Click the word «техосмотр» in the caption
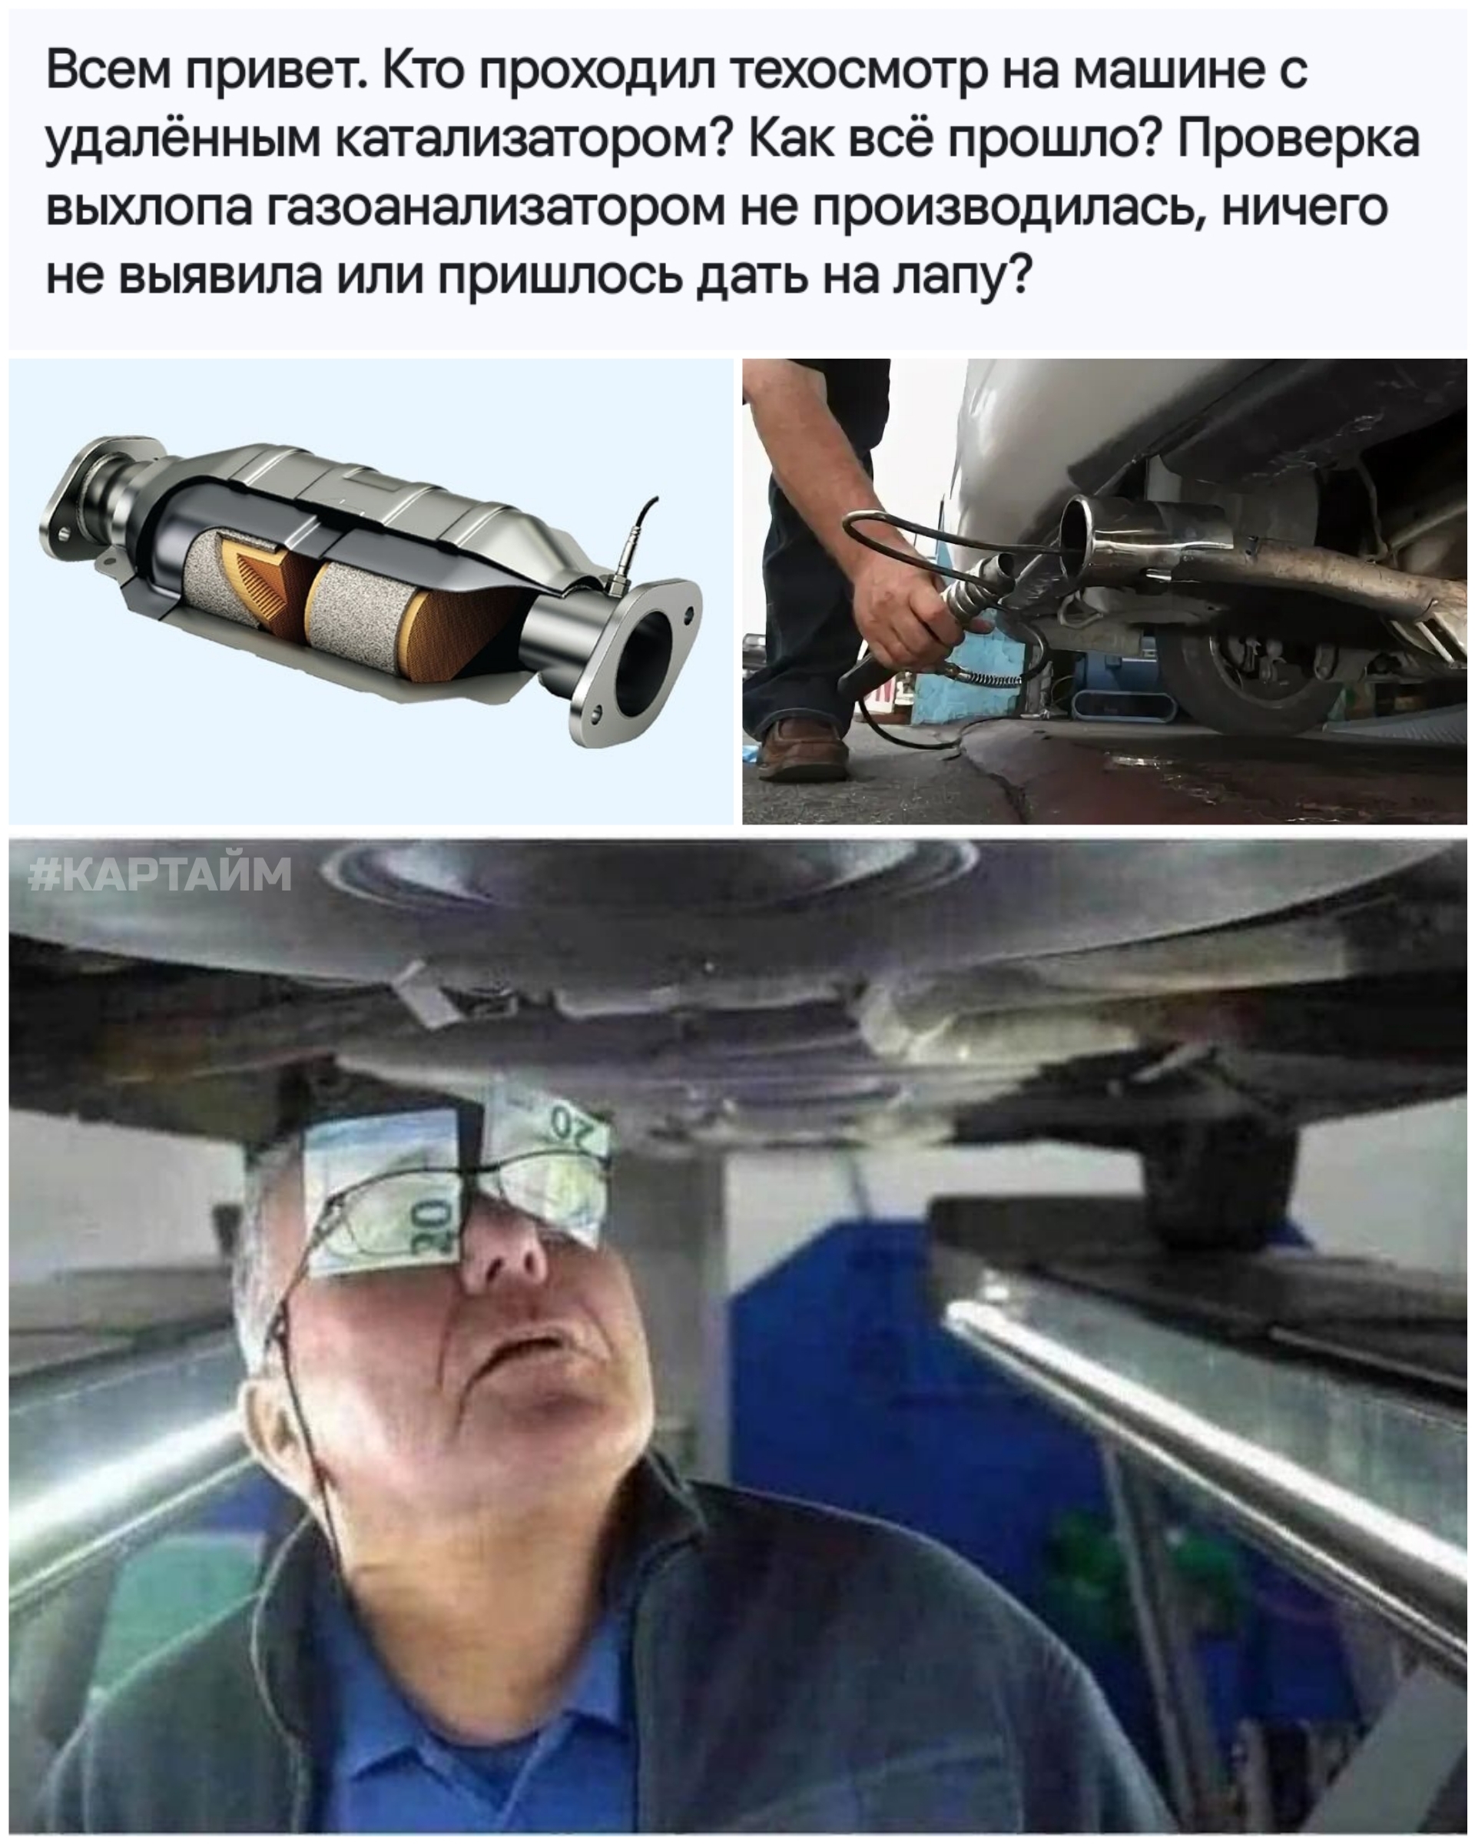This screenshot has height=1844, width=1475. (x=855, y=70)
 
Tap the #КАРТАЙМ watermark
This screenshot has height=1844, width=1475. (x=161, y=875)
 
